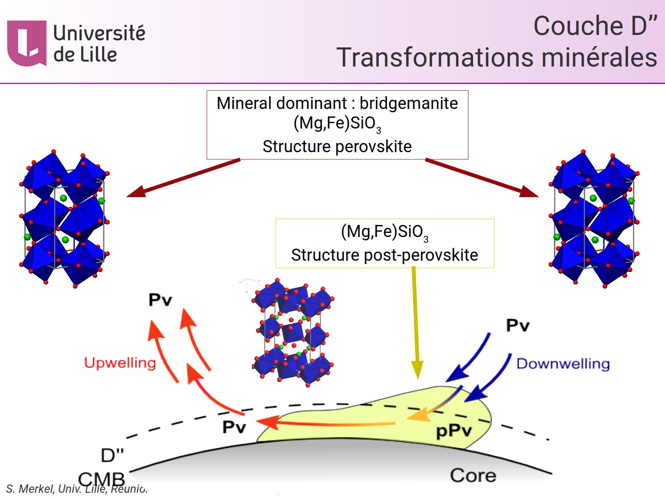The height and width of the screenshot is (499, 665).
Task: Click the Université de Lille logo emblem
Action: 27,43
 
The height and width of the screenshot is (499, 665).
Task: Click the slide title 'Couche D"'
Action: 595,26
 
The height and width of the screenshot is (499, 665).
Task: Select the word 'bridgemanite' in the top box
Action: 409,103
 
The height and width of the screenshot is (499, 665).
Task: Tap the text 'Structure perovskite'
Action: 337,146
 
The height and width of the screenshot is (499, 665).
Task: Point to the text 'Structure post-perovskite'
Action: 384,255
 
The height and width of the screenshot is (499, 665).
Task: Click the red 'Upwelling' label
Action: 120,363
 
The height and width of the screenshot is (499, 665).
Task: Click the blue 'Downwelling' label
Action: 563,364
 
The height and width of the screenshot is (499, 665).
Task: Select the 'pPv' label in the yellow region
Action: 453,431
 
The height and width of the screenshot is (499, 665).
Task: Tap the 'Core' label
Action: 473,475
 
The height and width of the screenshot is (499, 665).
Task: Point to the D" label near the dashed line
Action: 112,455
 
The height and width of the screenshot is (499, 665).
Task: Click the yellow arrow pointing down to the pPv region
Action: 416,324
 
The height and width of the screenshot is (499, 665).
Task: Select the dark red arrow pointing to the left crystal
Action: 183,178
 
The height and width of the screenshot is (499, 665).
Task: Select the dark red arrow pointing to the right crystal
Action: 482,178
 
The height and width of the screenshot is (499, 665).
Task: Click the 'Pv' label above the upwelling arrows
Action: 160,300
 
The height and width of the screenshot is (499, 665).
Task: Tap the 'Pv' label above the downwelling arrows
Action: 517,325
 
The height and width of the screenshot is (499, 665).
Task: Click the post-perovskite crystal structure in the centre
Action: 293,333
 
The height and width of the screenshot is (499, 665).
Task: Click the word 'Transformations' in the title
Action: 435,57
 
